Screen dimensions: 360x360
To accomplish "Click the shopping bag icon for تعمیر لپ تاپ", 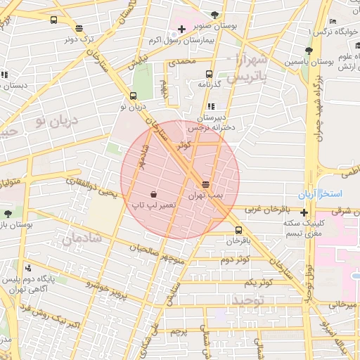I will click(154, 193).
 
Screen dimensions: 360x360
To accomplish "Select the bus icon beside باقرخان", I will click(238, 230).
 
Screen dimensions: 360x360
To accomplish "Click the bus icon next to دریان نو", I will click(134, 97).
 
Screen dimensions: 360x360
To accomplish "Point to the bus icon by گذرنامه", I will click(209, 74).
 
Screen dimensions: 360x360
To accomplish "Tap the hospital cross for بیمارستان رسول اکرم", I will click(182, 29).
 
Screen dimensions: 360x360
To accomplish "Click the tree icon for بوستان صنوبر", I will click(214, 15).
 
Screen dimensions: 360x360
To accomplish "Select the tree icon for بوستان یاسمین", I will click(309, 51).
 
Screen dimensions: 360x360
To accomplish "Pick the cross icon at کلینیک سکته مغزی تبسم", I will click(304, 212).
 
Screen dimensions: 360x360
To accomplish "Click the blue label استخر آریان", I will click(325, 193).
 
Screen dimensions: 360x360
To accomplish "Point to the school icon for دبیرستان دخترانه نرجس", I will click(212, 106).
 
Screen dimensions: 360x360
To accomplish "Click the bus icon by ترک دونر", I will click(78, 29).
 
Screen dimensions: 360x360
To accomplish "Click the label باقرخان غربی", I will click(267, 210).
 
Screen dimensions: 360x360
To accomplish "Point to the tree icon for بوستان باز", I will click(7, 213).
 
